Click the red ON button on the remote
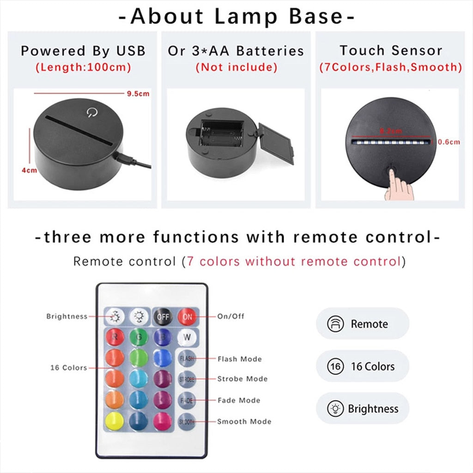tap(187, 317)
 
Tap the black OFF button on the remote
tap(163, 317)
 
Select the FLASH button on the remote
tap(187, 359)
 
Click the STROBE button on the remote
tap(187, 379)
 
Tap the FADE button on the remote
tap(187, 400)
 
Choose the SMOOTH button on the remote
tap(187, 421)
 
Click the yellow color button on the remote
tap(114, 421)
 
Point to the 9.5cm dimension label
tap(138, 94)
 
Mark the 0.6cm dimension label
tap(449, 142)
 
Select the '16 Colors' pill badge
tap(363, 366)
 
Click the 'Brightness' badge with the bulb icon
tap(363, 409)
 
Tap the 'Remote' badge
tap(363, 324)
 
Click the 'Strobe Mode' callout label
tap(243, 379)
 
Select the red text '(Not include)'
tap(236, 67)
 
